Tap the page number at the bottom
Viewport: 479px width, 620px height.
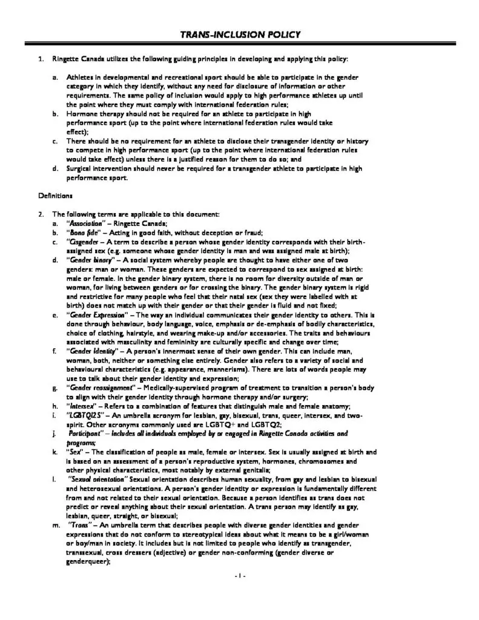coord(240,575)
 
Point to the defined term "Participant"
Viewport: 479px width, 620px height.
coord(86,434)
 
